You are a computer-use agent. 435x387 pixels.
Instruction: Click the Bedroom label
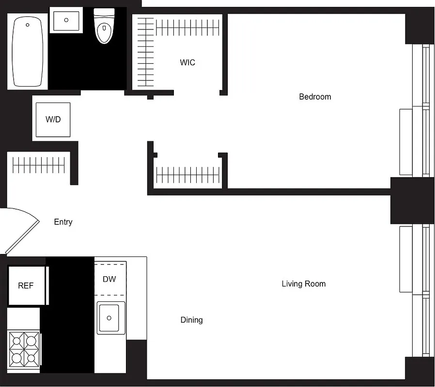[x=315, y=97]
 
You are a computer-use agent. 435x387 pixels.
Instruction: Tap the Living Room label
[x=304, y=284]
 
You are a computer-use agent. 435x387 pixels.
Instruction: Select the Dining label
[x=191, y=320]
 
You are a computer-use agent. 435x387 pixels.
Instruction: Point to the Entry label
[x=63, y=222]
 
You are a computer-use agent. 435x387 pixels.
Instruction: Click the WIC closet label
[x=187, y=62]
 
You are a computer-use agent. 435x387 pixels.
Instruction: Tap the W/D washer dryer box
[x=53, y=119]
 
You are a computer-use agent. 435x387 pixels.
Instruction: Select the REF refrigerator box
[x=27, y=285]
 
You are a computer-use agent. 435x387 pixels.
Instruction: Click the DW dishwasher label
[x=109, y=279]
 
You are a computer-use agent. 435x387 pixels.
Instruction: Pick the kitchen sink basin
[x=110, y=318]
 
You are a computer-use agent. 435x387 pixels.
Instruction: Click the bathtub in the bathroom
[x=28, y=52]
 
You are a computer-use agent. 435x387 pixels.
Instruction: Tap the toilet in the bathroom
[x=104, y=27]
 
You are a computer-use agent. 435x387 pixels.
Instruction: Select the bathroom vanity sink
[x=65, y=21]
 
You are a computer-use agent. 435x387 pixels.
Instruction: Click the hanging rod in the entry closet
[x=39, y=165]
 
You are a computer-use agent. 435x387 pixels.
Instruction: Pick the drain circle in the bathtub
[x=28, y=25]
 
